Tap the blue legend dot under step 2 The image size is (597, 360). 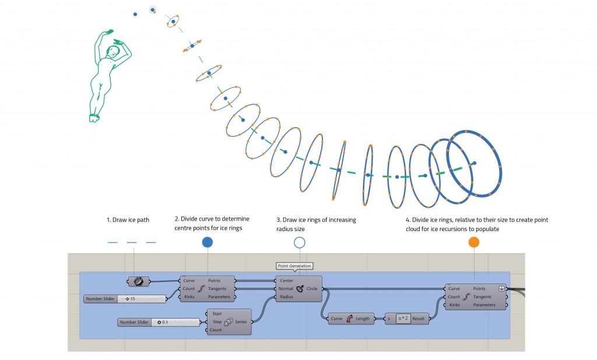point(207,242)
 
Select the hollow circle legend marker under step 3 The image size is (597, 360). point(300,242)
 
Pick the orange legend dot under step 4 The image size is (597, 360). point(473,242)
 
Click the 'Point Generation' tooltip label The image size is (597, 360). point(294,266)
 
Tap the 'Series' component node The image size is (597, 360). point(229,322)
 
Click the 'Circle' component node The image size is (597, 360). point(300,288)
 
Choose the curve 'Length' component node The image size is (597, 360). point(350,319)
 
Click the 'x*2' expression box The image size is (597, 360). point(403,319)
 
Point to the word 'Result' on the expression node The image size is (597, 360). point(419,319)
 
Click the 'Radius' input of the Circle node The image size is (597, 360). point(286,296)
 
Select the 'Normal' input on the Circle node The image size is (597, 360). point(286,288)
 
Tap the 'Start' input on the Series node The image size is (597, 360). point(217,314)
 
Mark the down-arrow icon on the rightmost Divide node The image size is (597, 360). point(501,288)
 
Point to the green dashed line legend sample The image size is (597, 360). point(132,242)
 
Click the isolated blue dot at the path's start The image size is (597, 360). point(135,13)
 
